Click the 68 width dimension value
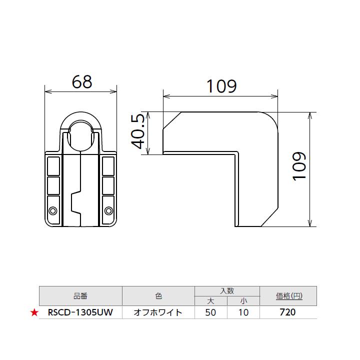(81, 81)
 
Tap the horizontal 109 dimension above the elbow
(221, 86)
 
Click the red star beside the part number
(34, 313)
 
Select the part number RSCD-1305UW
(80, 313)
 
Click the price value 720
(288, 313)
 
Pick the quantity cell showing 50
(210, 313)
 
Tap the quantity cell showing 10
(243, 313)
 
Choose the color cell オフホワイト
(158, 313)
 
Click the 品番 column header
(80, 296)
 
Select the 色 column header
(158, 296)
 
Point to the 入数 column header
(226, 290)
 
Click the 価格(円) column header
(288, 296)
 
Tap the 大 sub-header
(210, 301)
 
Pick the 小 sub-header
(243, 301)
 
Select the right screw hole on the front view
(108, 210)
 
